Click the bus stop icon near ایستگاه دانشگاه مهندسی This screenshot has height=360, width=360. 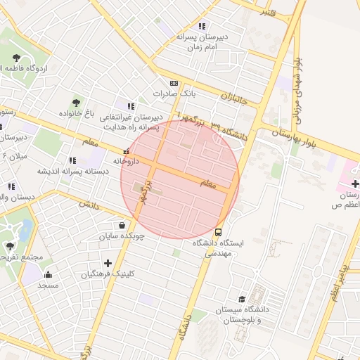click(218, 232)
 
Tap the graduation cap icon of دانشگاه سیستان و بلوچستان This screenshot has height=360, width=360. click(243, 300)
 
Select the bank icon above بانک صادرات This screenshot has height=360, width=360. click(174, 83)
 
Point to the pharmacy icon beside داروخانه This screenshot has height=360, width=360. click(126, 152)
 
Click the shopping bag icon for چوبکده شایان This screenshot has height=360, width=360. click(123, 226)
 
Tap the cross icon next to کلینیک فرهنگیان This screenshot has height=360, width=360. click(107, 264)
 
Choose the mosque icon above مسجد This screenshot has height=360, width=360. click(48, 275)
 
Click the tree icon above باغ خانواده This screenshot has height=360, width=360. click(75, 103)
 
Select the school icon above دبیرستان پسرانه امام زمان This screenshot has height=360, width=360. click(202, 26)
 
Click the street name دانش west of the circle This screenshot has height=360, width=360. click(87, 204)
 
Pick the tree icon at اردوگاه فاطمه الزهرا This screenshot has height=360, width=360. click(16, 58)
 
